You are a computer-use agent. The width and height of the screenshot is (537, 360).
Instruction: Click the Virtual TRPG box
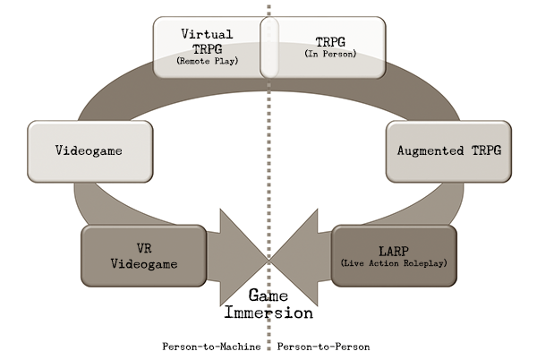[x=208, y=46]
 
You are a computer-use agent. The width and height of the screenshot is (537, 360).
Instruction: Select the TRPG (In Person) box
[x=324, y=46]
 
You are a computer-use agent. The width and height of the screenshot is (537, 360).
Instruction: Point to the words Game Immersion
[x=268, y=304]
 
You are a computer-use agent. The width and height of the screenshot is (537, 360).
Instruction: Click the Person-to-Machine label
[x=211, y=347]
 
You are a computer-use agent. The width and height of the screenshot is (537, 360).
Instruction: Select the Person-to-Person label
[x=324, y=347]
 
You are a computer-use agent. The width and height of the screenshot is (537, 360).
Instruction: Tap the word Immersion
[x=268, y=313]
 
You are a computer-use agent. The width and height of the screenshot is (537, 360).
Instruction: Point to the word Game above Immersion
[x=268, y=296]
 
